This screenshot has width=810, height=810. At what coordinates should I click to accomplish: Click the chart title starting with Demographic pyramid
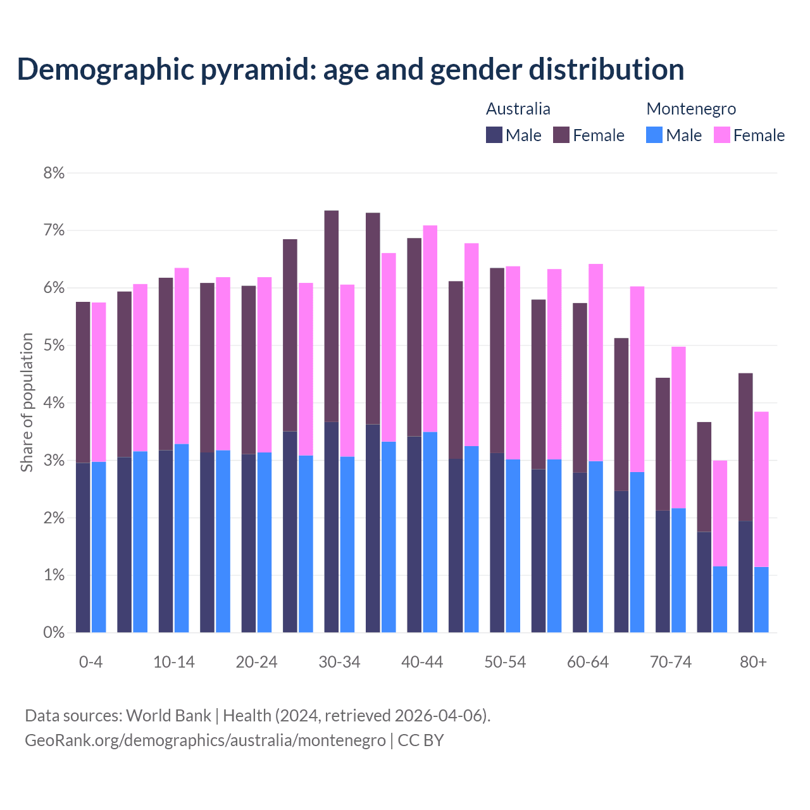tap(350, 70)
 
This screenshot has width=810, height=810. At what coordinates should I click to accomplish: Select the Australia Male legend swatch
tap(494, 135)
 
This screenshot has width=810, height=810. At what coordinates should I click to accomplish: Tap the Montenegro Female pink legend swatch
tap(722, 135)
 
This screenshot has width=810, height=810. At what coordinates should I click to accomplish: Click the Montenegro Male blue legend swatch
tap(654, 135)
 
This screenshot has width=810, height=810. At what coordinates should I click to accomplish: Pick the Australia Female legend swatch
tap(561, 135)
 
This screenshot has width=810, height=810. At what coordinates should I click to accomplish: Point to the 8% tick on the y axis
tap(54, 173)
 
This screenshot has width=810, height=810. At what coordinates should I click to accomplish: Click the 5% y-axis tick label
tap(54, 346)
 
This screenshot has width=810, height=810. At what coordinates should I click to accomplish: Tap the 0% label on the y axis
tap(54, 633)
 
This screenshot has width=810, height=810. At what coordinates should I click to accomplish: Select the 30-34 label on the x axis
tap(339, 662)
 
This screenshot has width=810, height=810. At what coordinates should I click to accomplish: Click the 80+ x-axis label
tap(753, 662)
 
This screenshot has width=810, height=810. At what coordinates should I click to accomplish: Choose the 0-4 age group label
tap(90, 662)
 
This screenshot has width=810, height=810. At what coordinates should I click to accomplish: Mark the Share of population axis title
tap(27, 402)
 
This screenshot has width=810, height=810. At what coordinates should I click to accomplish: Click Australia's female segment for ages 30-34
tap(331, 316)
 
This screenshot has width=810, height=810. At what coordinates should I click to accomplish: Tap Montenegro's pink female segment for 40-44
tap(430, 329)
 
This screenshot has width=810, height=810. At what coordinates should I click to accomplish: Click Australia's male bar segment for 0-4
tap(83, 548)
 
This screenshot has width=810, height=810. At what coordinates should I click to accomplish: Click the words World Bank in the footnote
tap(168, 716)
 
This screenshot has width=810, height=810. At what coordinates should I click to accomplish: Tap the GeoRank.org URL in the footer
tap(205, 740)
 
